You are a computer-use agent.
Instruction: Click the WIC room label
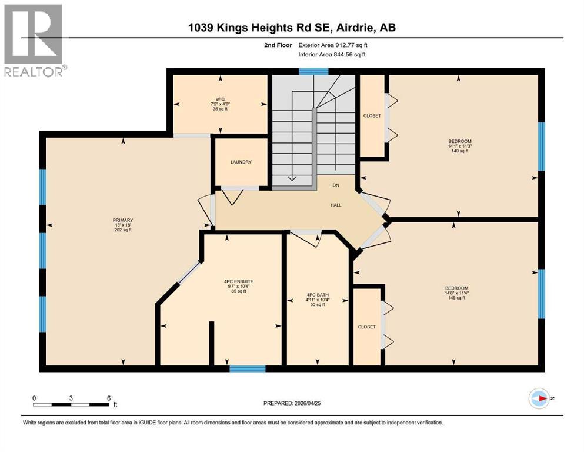[x=221, y=99]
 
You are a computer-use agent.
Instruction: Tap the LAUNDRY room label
[x=241, y=162]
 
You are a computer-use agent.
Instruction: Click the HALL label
[x=336, y=205]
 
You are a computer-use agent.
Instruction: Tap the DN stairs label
[x=336, y=185]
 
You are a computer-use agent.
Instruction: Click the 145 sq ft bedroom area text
[x=458, y=298]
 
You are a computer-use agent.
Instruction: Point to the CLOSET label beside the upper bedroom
[x=372, y=116]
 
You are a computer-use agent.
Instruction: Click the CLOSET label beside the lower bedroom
[x=366, y=327]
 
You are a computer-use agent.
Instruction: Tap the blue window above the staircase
[x=313, y=72]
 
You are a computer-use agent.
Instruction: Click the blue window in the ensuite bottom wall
[x=247, y=369]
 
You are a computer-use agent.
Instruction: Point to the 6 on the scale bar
[x=109, y=398]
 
